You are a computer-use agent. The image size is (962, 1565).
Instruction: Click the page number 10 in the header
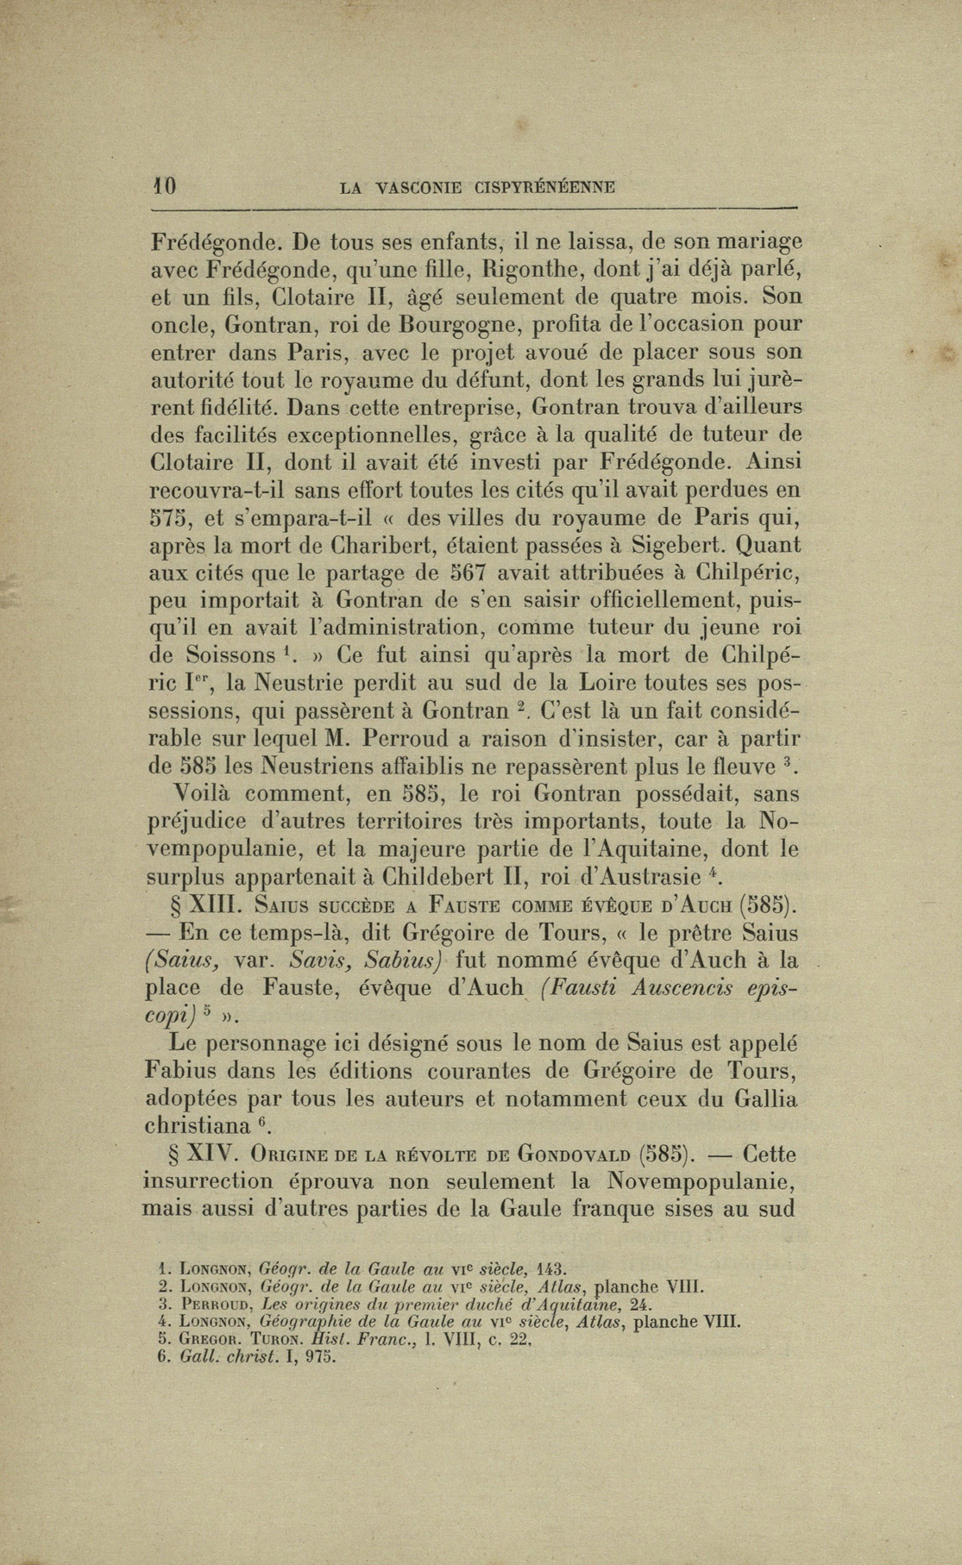pyautogui.click(x=164, y=186)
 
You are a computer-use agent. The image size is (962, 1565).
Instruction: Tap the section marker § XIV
pyautogui.click(x=194, y=1155)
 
